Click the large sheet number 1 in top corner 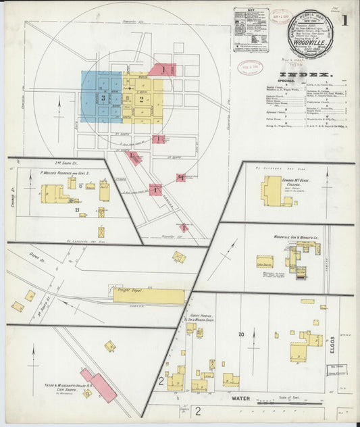point(344,21)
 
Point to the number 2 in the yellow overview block point(142,99)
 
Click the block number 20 point(240,334)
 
